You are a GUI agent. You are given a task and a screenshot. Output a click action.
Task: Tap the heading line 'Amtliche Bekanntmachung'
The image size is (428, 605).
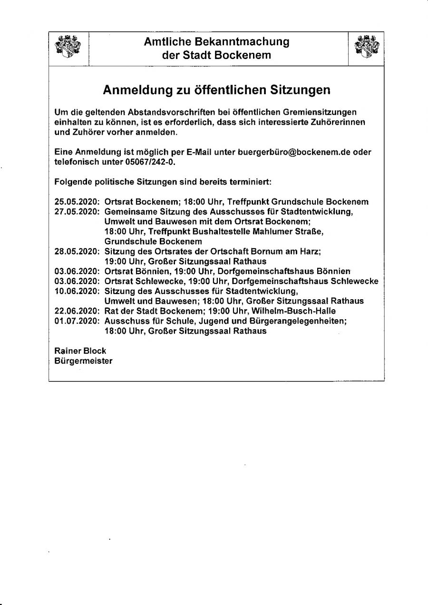point(216,42)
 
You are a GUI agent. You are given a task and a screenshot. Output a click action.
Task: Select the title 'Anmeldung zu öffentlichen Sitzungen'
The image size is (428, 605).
point(216,90)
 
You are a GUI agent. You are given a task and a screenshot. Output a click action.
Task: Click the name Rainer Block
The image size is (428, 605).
point(80,351)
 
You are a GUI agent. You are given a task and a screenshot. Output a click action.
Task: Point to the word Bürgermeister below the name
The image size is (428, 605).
point(84,361)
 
